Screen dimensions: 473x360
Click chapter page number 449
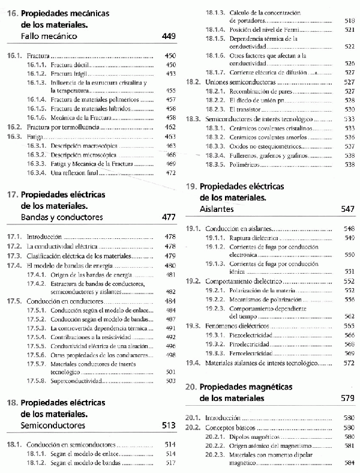[x=169, y=37]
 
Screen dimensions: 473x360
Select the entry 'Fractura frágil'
[x=71, y=73]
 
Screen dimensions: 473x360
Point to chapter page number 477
[x=169, y=217]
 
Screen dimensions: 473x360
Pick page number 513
[x=169, y=426]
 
